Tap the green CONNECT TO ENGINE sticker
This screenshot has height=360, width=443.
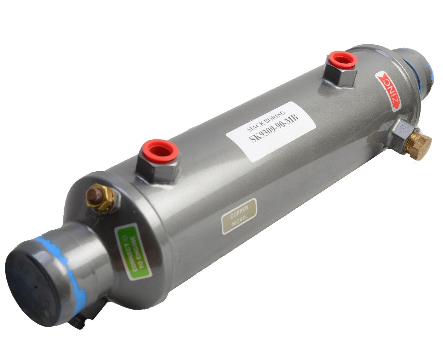133,252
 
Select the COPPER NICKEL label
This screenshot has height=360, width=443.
239,216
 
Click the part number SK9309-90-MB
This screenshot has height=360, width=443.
274,129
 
